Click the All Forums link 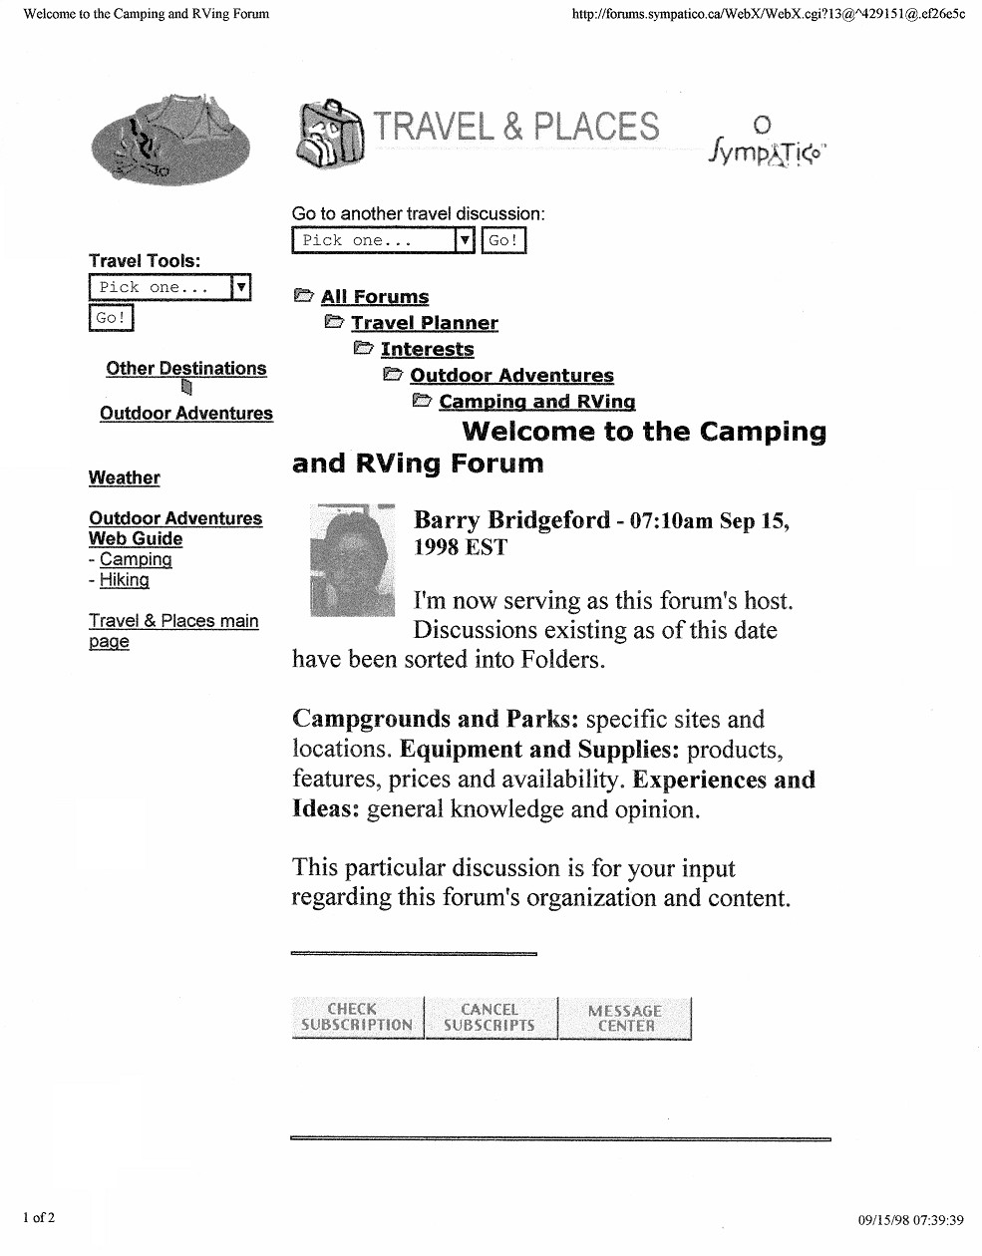375,297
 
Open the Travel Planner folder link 424,323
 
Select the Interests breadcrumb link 427,349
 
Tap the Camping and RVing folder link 536,402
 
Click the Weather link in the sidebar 124,478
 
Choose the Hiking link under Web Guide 125,580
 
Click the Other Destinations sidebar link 186,369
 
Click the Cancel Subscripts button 490,1018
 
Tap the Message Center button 625,1018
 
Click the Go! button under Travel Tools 111,318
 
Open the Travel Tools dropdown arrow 240,287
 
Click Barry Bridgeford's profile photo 352,560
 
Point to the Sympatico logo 767,145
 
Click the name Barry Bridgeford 511,520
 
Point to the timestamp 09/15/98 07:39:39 910,1219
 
